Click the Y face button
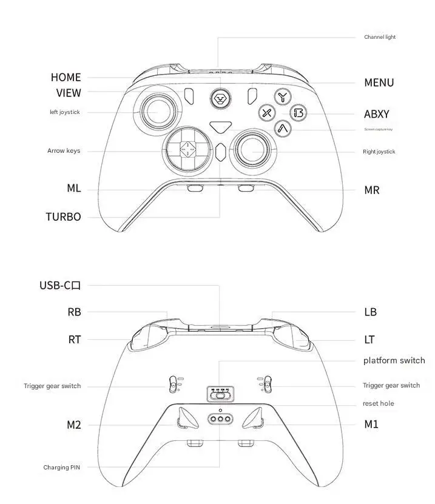[282, 97]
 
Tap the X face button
[267, 112]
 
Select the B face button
[298, 112]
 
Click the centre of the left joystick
[159, 111]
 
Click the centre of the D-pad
[187, 147]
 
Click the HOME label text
[66, 77]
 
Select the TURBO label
[63, 217]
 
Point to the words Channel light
[380, 37]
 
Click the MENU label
[379, 82]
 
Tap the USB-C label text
[60, 285]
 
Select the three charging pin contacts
[220, 419]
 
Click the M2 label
[73, 425]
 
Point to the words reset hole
[378, 403]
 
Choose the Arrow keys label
[64, 150]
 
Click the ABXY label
[377, 114]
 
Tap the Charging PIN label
[61, 467]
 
